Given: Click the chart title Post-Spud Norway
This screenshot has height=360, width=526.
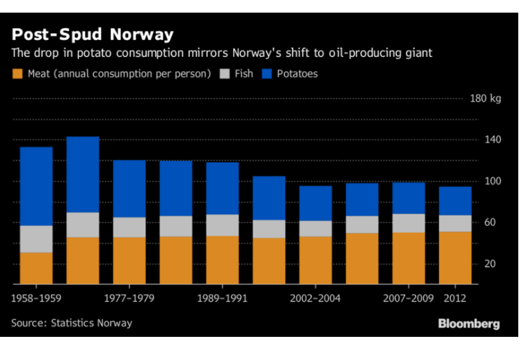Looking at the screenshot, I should (x=92, y=34).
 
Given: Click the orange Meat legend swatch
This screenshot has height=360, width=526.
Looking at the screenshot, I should (x=18, y=73).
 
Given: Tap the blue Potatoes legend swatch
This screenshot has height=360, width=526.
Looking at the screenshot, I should (x=268, y=73).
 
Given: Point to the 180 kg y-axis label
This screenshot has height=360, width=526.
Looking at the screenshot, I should (x=485, y=98).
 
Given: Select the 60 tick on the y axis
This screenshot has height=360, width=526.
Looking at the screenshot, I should (x=489, y=222).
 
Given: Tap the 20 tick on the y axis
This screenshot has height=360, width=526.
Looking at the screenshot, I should (x=489, y=264).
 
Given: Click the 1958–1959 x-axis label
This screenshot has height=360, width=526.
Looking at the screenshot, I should (x=37, y=298).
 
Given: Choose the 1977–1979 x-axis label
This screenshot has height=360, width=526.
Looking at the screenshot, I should (x=129, y=298).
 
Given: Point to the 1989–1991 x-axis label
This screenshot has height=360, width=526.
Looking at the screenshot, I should (x=223, y=298).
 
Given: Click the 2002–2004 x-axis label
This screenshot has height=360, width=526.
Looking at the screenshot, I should (x=316, y=298).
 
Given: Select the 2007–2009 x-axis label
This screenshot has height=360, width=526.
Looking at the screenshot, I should (x=409, y=298).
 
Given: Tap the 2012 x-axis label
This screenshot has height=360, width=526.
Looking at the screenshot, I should (x=456, y=298).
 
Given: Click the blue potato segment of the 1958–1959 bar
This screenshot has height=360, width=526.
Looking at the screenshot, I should (x=37, y=186).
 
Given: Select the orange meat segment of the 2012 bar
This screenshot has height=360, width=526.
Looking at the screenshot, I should (x=455, y=258).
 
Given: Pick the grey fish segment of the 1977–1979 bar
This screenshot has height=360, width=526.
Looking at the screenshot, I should (x=129, y=227).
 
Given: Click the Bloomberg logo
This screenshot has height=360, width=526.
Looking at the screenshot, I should (x=468, y=324).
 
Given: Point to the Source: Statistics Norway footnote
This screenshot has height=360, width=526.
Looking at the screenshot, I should (x=72, y=323).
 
